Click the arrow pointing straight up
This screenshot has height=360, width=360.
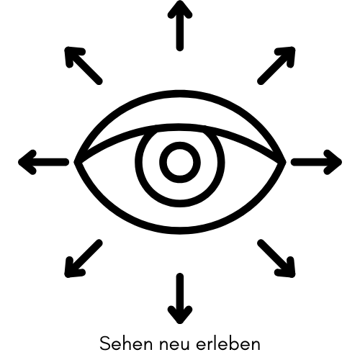point(180,27)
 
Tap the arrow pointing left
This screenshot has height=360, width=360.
point(43,162)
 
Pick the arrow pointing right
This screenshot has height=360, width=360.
point(316,162)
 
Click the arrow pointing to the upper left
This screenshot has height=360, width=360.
point(84,66)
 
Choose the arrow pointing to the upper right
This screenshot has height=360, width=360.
point(276,66)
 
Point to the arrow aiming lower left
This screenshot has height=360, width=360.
point(84,258)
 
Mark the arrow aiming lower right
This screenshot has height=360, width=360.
point(276,258)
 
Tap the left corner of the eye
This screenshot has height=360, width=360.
point(75,162)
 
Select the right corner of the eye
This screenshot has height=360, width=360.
point(285,162)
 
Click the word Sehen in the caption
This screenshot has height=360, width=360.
point(126,343)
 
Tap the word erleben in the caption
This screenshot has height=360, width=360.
point(228,343)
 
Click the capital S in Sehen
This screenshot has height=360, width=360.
point(105,343)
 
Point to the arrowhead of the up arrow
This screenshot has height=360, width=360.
point(180,9)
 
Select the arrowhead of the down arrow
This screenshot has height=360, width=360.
point(180,315)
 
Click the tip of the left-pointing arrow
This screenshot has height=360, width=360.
point(19,162)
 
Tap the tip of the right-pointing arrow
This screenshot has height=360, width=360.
point(341,162)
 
